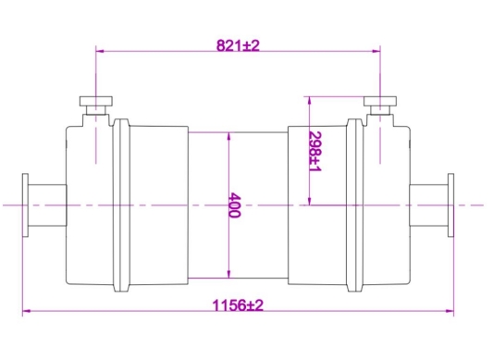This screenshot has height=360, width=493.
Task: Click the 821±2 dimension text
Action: pos(238,45)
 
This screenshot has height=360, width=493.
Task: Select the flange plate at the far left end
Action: pos(26,205)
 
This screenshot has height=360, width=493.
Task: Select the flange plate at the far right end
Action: pos(450,205)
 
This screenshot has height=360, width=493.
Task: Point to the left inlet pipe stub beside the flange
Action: pos(49,205)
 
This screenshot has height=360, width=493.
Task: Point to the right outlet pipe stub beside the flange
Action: pos(427,205)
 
